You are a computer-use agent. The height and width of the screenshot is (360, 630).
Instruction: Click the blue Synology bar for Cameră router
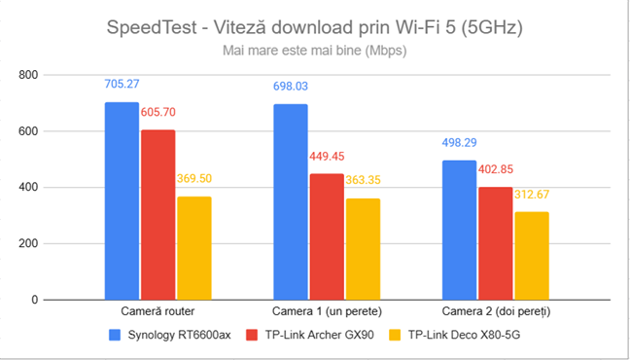tap(122, 201)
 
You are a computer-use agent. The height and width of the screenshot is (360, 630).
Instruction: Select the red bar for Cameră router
tap(157, 215)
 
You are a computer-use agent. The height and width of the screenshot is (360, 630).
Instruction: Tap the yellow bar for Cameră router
tap(193, 248)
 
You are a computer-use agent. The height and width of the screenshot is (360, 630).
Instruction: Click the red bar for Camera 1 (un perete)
tap(327, 237)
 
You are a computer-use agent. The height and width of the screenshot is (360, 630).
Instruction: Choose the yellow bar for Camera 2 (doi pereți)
tap(532, 256)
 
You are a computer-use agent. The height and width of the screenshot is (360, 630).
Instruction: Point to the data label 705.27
tap(122, 85)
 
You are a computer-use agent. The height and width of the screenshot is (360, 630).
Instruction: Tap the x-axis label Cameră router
tap(157, 313)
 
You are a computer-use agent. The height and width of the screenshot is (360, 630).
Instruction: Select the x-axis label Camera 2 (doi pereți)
tap(496, 313)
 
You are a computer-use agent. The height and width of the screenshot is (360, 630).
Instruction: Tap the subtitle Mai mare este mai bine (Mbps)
tap(314, 50)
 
